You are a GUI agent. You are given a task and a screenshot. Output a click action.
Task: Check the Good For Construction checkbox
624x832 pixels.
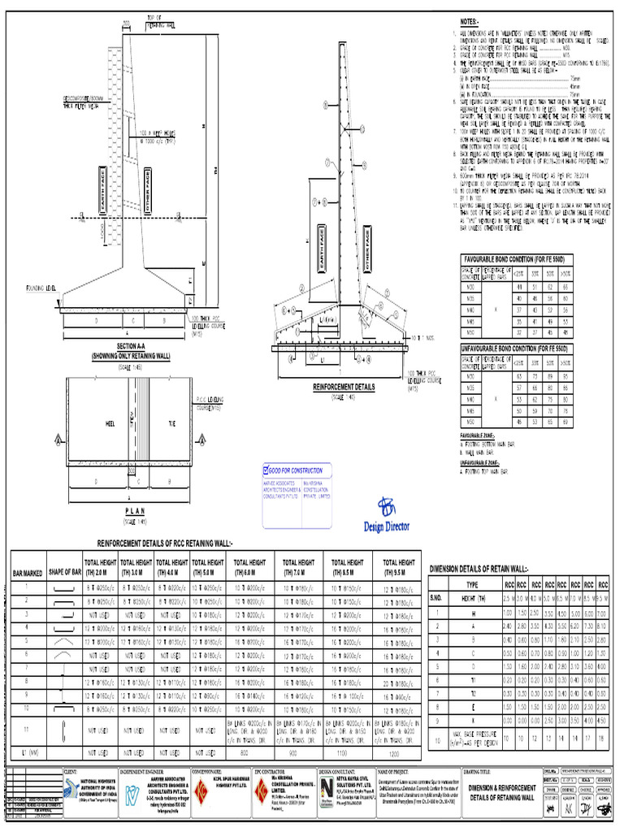(x=266, y=470)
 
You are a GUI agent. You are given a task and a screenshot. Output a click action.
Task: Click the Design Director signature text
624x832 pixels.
(x=387, y=526)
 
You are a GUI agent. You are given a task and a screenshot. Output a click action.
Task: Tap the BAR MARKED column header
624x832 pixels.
(x=27, y=575)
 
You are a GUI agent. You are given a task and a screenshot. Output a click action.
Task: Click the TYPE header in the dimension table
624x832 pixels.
(x=472, y=584)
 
